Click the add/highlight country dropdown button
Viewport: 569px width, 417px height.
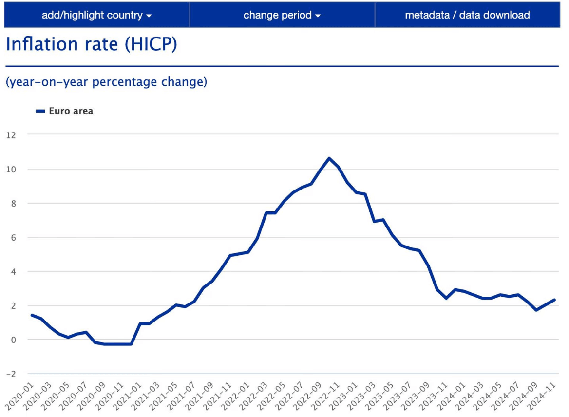[x=96, y=15]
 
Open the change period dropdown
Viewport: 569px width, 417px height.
[x=282, y=15]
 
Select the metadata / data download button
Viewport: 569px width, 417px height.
[x=467, y=15]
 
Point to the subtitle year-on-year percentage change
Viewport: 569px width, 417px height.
[x=106, y=82]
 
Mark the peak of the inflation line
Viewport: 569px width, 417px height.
[x=329, y=158]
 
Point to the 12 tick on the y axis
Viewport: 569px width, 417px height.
[x=11, y=135]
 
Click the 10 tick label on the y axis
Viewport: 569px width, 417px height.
[x=11, y=169]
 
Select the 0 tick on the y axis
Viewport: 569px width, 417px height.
[x=13, y=340]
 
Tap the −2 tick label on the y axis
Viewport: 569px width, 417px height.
[x=10, y=374]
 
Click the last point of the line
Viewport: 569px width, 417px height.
[x=554, y=300]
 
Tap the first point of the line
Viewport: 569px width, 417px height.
[x=32, y=315]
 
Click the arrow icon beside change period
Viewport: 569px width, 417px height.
[x=318, y=16]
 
